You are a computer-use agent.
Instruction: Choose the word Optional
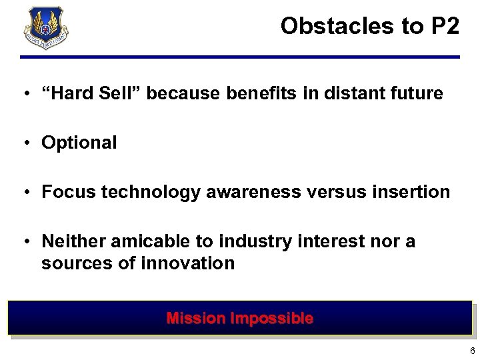click(x=79, y=143)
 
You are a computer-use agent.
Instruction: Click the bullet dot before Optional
click(x=25, y=143)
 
